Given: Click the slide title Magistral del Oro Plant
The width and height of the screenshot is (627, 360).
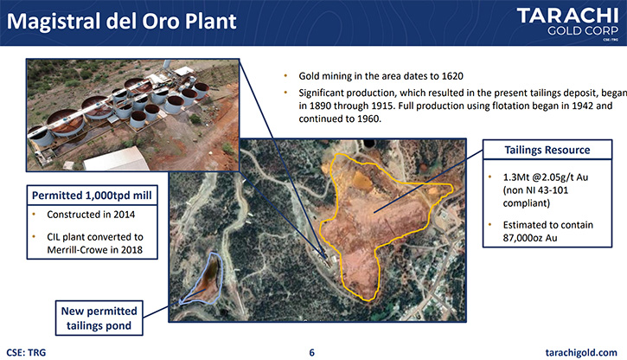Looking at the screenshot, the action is click(122, 22).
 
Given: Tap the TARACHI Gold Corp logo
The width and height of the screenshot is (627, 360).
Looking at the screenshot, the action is click(568, 22).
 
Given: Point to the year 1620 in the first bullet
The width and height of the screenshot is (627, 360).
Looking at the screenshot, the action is click(451, 76).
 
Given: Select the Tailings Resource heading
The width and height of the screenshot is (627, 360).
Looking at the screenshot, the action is click(547, 150).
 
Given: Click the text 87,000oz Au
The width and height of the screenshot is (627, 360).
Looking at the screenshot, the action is click(530, 238).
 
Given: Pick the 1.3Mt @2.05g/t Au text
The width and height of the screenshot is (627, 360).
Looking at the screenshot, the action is click(546, 177).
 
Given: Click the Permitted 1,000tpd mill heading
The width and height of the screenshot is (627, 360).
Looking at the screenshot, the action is click(92, 196).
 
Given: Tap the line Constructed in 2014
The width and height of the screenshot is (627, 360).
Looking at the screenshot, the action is click(91, 215).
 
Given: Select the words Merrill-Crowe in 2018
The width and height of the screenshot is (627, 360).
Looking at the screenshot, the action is click(95, 250).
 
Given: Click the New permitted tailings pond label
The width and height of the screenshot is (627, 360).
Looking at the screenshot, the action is click(99, 318).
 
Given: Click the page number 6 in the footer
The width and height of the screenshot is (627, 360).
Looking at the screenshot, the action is click(312, 352).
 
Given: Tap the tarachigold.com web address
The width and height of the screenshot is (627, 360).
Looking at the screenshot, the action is click(581, 352).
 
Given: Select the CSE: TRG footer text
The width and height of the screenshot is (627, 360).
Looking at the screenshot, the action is click(26, 352).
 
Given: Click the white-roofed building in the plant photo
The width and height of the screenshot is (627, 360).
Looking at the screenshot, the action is click(117, 159).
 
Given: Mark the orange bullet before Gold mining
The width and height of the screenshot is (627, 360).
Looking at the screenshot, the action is click(285, 75).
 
